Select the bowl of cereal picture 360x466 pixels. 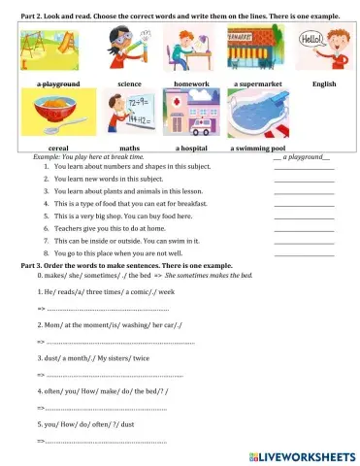pos(58,115)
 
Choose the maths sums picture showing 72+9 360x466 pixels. pos(124,115)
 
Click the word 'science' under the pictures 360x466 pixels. pos(129,84)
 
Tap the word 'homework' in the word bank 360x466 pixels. pos(191,84)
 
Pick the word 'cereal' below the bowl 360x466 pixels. pos(58,149)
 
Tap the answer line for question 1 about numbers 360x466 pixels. pos(303,168)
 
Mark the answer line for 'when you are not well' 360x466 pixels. pos(303,252)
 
